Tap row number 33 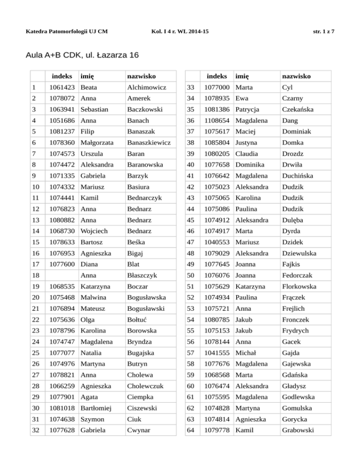click(190, 87)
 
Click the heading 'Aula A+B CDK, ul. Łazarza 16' click(80, 55)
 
